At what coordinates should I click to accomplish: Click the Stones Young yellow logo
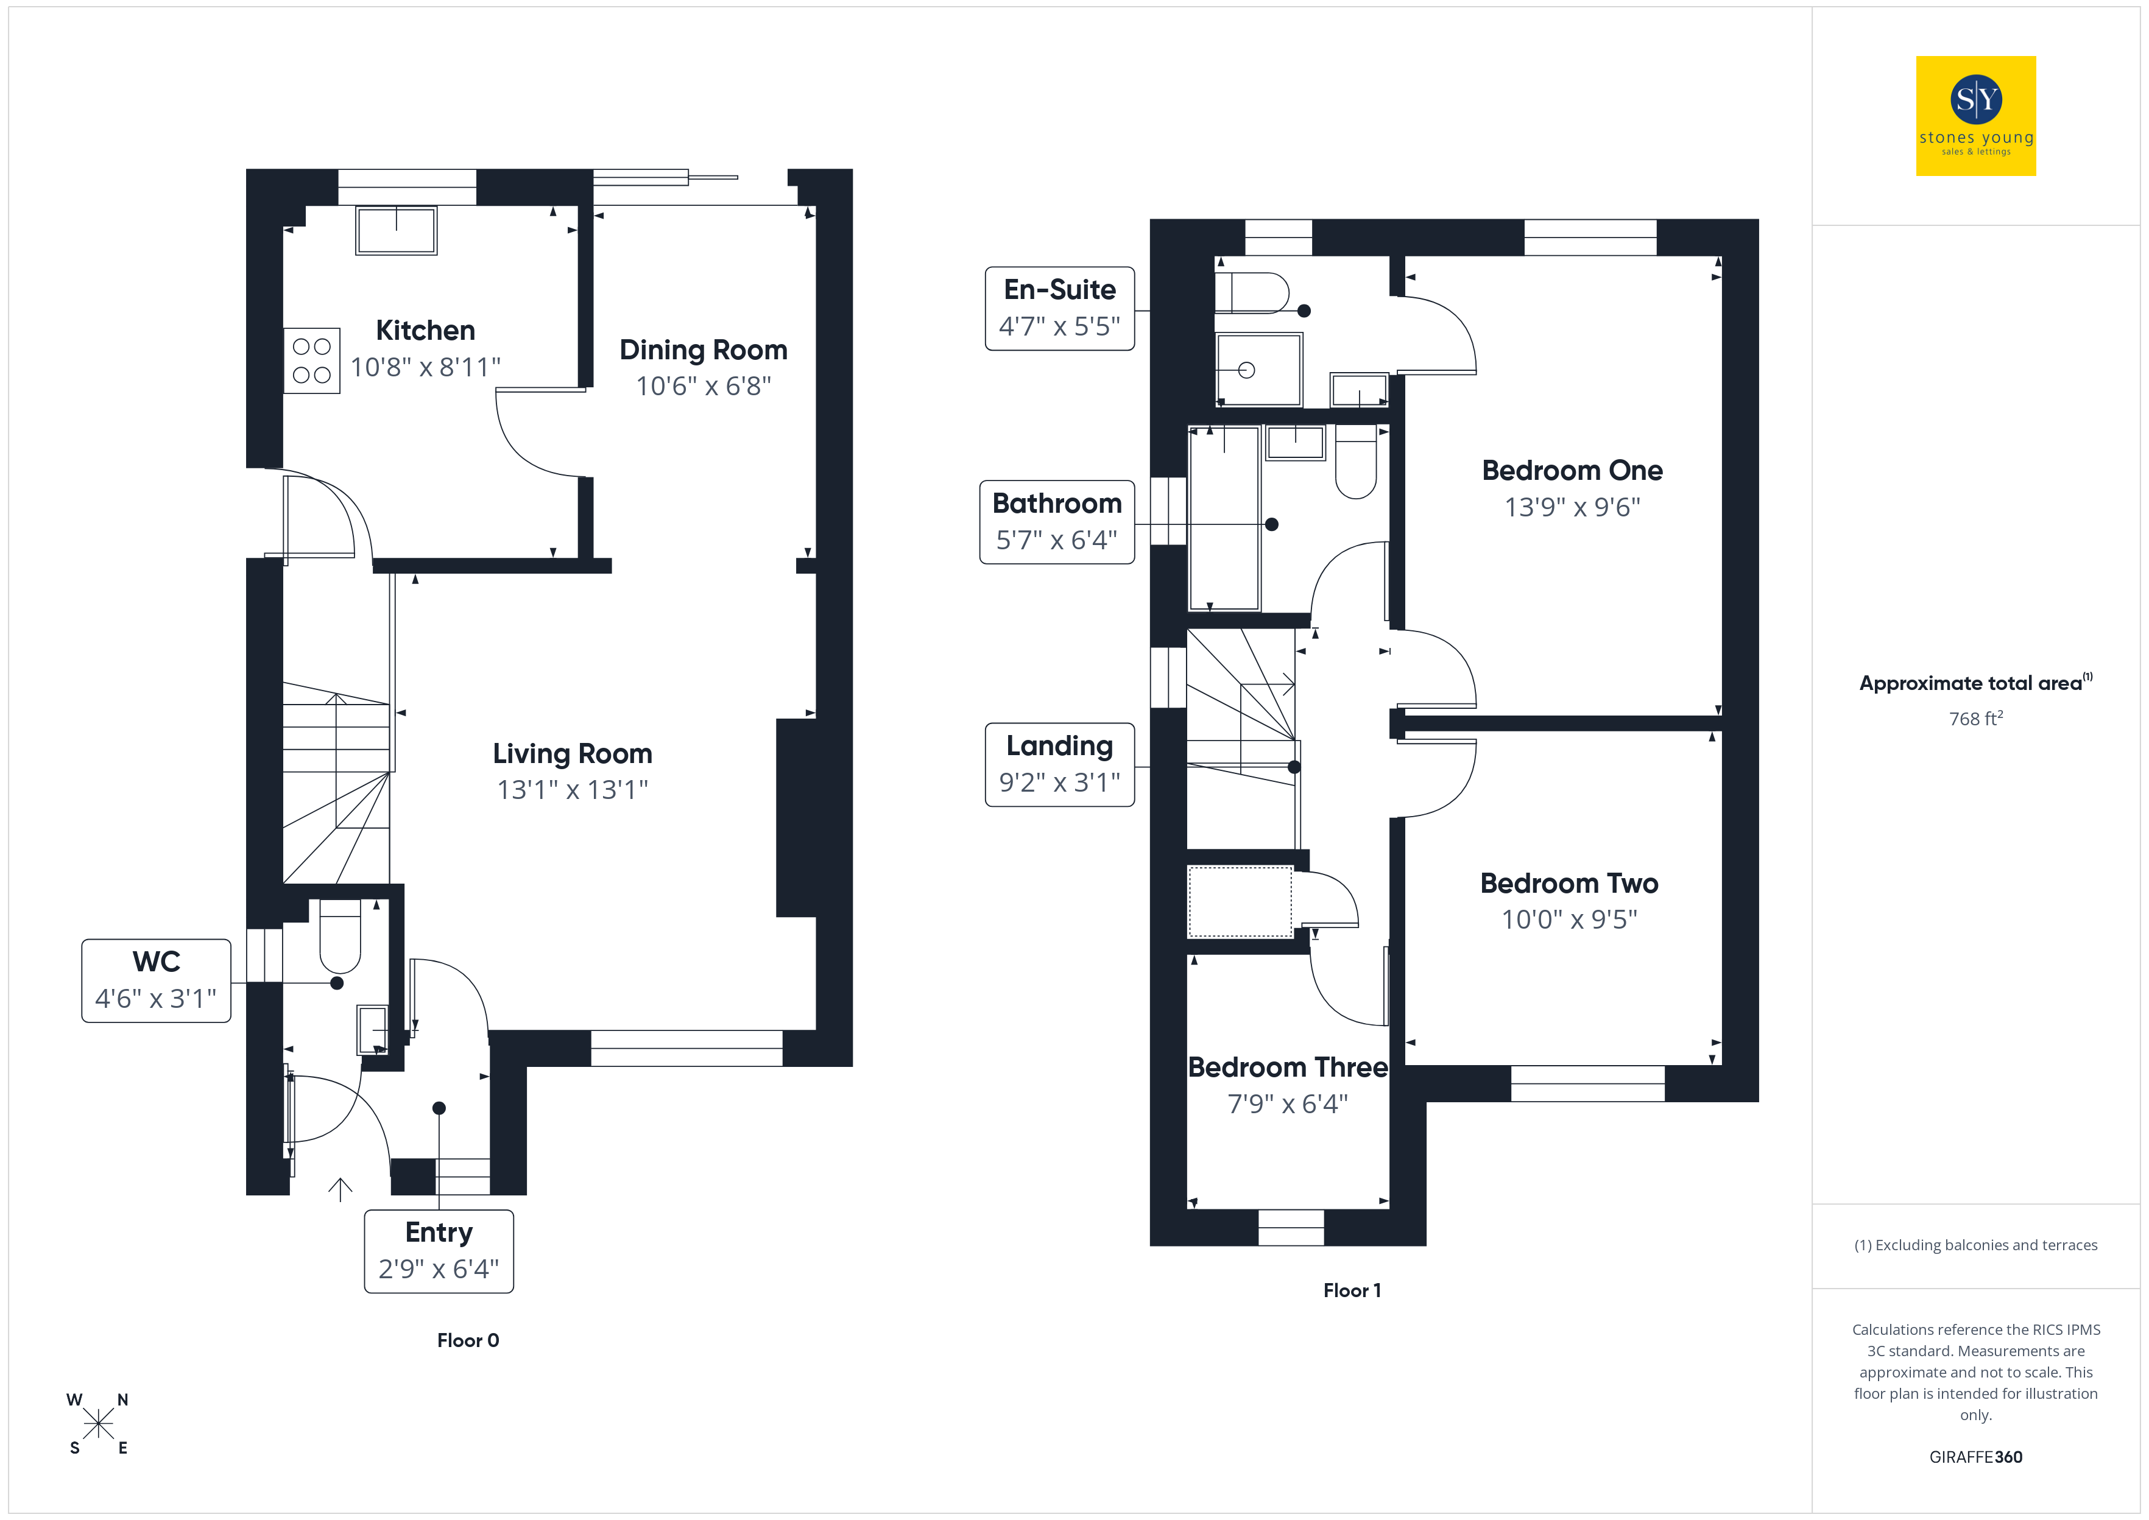[1976, 116]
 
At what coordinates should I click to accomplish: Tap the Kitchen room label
[425, 331]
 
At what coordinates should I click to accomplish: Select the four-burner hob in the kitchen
[312, 361]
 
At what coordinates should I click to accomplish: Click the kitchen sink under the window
[396, 230]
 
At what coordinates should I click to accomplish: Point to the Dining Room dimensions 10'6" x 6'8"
[704, 385]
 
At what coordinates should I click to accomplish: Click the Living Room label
[573, 753]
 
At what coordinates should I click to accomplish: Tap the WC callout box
[157, 981]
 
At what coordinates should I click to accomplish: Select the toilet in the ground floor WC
[340, 936]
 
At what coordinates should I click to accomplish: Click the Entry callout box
[439, 1251]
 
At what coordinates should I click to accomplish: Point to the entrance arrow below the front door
[340, 1189]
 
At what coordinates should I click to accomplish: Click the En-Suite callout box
[1059, 309]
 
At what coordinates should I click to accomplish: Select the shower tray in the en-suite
[1259, 370]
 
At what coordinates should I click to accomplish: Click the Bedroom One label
[1572, 470]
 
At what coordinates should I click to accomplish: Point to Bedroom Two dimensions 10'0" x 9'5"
[1570, 919]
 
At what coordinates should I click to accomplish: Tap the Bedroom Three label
[1288, 1067]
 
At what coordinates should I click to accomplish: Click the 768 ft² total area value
[1976, 718]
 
